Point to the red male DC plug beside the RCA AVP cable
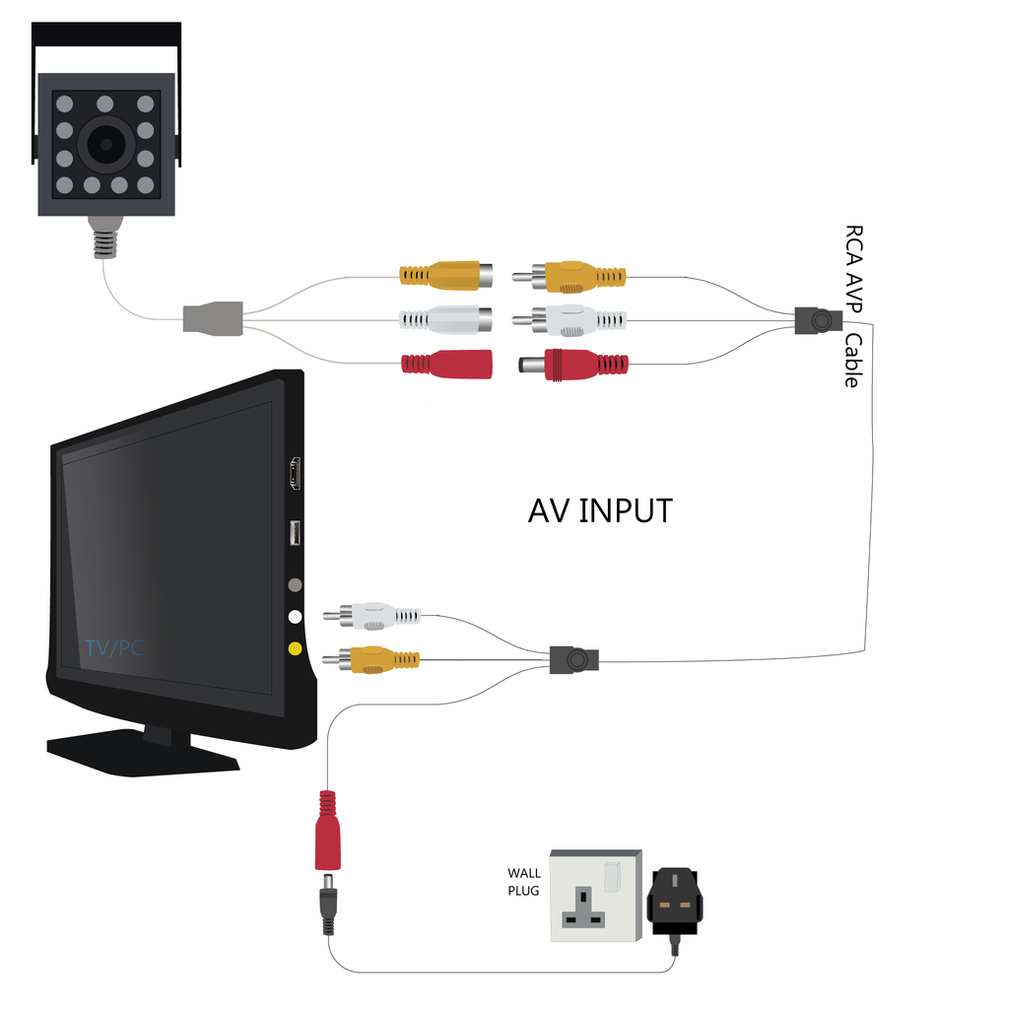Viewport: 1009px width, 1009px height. (576, 364)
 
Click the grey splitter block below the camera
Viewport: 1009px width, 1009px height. (213, 319)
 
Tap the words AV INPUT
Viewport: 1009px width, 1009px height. (600, 511)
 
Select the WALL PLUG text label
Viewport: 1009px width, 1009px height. (524, 881)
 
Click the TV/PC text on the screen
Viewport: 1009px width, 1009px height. (113, 648)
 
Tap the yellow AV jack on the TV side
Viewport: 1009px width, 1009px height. (295, 648)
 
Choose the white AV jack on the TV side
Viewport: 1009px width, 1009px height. (295, 617)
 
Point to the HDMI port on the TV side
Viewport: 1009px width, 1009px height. (295, 474)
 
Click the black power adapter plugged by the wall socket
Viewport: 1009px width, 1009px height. (675, 901)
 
